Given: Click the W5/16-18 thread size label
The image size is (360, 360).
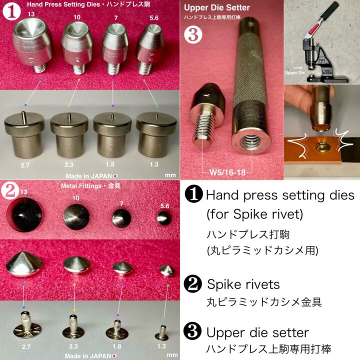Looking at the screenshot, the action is click(x=227, y=172).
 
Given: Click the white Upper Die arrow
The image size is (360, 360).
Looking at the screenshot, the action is click(x=297, y=67).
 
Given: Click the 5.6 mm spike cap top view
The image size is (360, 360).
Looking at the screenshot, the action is click(x=164, y=217).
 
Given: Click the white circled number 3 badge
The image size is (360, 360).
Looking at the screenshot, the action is click(x=193, y=35).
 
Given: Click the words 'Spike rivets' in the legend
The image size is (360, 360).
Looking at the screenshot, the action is click(x=243, y=284).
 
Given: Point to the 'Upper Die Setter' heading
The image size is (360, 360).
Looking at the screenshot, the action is click(x=216, y=8).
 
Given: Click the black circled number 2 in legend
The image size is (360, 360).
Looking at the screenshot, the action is click(x=193, y=284).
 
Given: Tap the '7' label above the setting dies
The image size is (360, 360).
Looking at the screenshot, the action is click(x=116, y=18).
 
